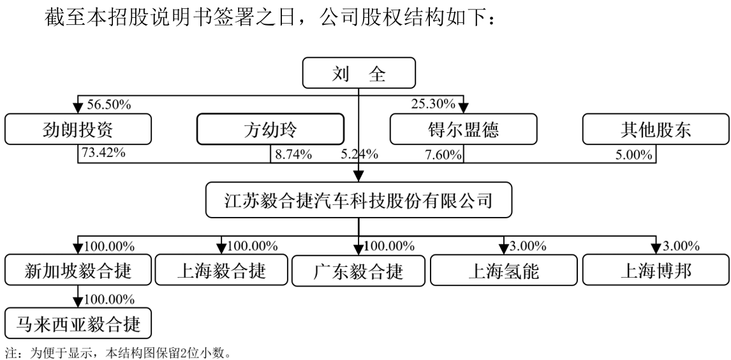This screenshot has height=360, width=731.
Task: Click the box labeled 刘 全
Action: click(x=358, y=73)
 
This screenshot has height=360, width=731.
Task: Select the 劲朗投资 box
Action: click(x=78, y=129)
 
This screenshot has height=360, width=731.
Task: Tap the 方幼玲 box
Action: click(x=270, y=129)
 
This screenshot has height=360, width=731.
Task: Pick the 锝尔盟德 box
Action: click(x=463, y=129)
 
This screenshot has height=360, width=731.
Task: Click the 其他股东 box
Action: click(x=656, y=129)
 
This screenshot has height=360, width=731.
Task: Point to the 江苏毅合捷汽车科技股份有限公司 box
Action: click(x=358, y=200)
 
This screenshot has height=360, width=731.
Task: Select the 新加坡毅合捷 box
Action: click(x=78, y=269)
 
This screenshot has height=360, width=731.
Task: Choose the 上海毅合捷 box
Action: click(x=221, y=269)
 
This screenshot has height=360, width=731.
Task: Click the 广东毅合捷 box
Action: click(x=358, y=271)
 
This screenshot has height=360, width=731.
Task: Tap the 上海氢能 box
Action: click(x=503, y=270)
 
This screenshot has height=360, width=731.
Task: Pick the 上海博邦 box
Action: click(x=656, y=269)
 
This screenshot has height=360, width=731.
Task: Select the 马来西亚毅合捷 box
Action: click(x=78, y=323)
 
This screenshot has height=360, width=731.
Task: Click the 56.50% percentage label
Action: click(x=108, y=105)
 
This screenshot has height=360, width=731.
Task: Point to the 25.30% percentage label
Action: click(x=433, y=103)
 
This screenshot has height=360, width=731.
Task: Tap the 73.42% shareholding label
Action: click(x=103, y=153)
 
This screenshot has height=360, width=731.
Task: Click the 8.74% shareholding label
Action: click(x=293, y=154)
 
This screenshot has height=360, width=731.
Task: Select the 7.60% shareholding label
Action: click(x=443, y=154)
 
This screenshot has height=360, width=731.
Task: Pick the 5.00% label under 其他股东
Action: click(x=633, y=154)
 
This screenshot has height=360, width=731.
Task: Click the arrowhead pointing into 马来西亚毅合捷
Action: click(x=78, y=302)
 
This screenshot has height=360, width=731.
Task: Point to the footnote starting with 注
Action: click(x=118, y=352)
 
